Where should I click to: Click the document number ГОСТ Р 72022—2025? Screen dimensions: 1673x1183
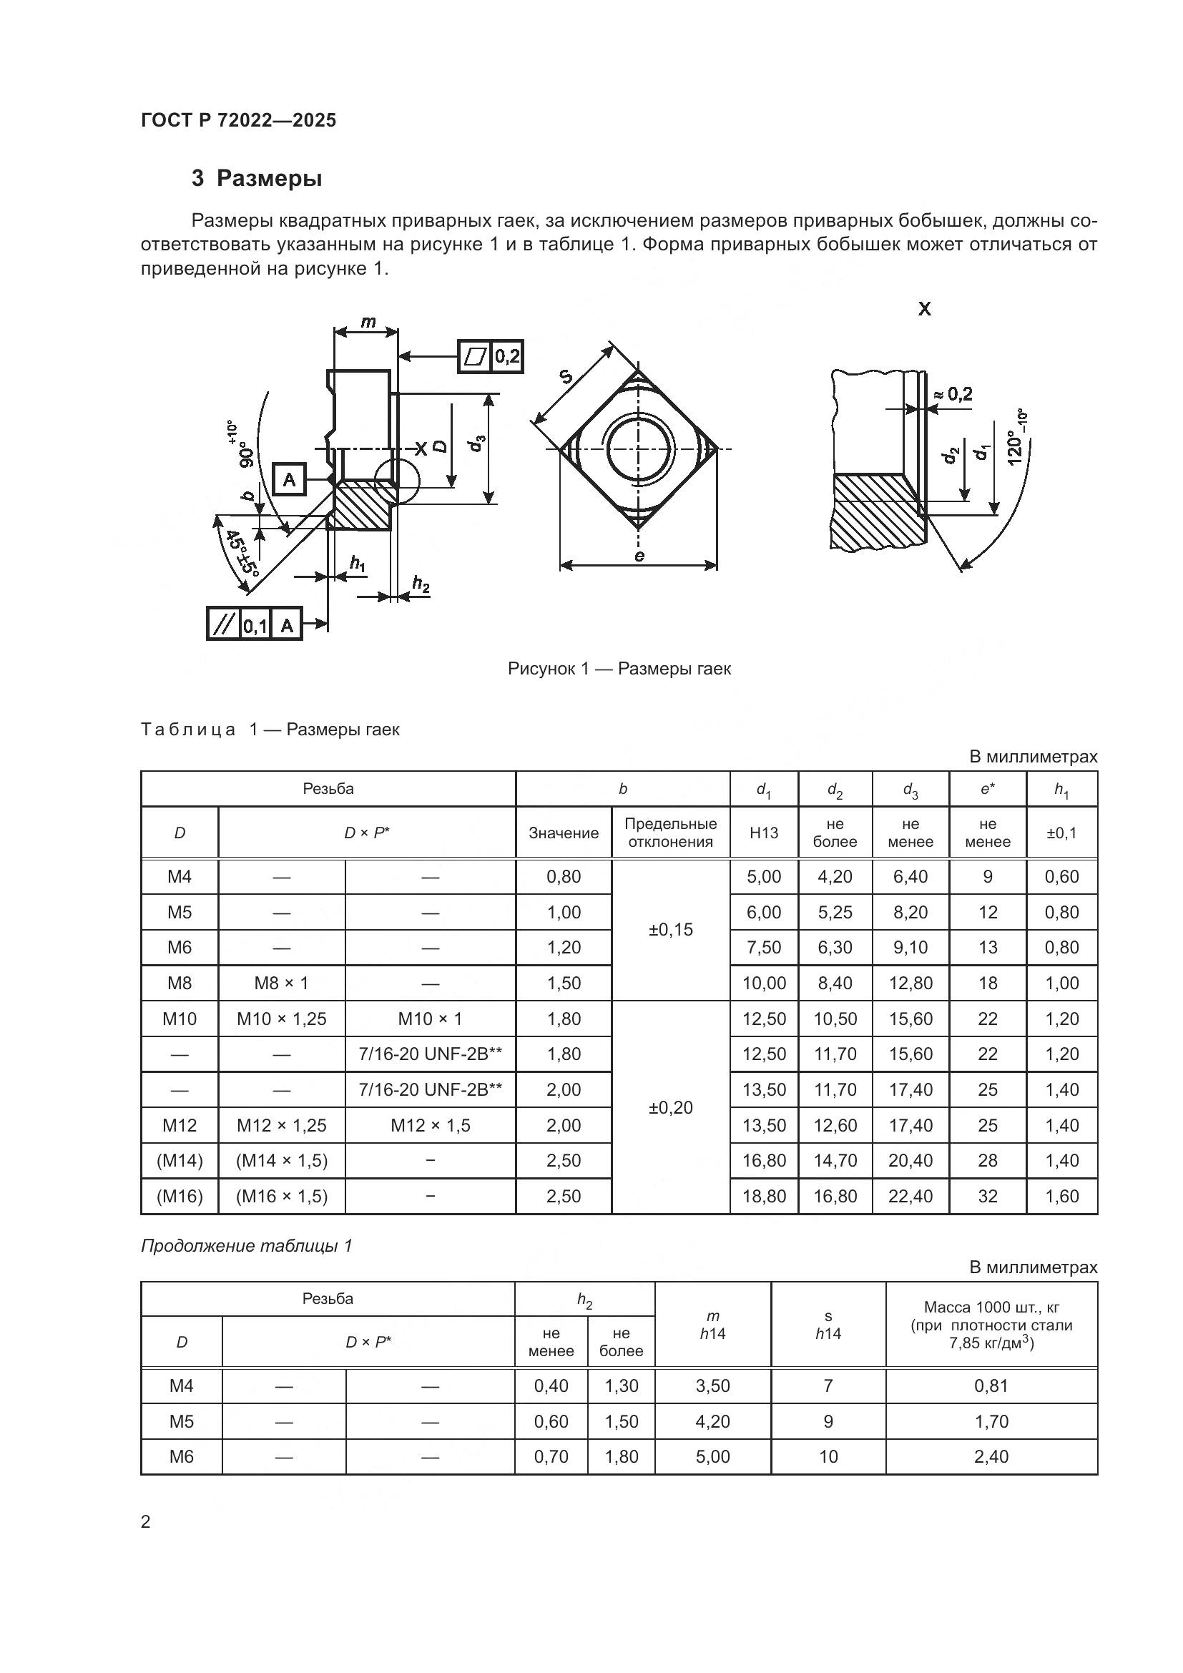pyautogui.click(x=238, y=120)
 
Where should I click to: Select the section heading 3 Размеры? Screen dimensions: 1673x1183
pyautogui.click(x=257, y=178)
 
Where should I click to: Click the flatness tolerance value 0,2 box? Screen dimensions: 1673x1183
pyautogui.click(x=507, y=356)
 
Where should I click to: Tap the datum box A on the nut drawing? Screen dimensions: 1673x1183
pyautogui.click(x=289, y=479)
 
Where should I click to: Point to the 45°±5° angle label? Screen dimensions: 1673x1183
pyautogui.click(x=242, y=554)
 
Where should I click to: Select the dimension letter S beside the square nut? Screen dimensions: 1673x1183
pyautogui.click(x=566, y=377)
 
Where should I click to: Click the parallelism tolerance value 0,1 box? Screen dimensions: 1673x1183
pyautogui.click(x=255, y=624)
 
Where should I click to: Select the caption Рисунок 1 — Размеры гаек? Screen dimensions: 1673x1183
pyautogui.click(x=619, y=668)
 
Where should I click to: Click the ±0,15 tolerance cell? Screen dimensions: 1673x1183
pyautogui.click(x=670, y=930)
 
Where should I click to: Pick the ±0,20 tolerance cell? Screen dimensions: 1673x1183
pyautogui.click(x=670, y=1107)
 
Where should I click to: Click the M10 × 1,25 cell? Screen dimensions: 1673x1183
pyautogui.click(x=281, y=1019)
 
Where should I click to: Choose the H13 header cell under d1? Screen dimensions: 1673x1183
pyautogui.click(x=763, y=833)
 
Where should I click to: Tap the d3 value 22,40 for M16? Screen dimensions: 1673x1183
pyautogui.click(x=910, y=1196)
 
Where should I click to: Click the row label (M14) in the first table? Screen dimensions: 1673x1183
pyautogui.click(x=180, y=1160)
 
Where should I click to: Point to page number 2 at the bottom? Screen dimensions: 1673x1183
pyautogui.click(x=146, y=1521)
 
